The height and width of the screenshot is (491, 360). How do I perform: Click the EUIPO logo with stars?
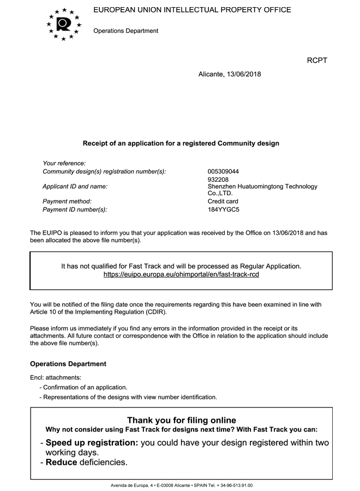tap(64, 24)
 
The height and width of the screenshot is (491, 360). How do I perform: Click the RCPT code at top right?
tap(317, 60)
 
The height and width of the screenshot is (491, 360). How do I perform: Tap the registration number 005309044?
tap(224, 171)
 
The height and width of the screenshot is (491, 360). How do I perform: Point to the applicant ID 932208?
tap(218, 179)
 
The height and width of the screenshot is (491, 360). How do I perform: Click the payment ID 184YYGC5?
tap(224, 209)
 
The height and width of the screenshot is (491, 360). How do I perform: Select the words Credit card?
tap(223, 201)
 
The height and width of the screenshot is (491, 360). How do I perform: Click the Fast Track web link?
tap(181, 274)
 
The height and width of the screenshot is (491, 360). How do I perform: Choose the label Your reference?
tap(64, 163)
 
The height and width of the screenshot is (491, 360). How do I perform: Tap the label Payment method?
tap(67, 201)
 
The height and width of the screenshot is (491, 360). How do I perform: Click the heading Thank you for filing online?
tap(181, 420)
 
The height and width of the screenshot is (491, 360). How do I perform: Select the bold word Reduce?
tap(62, 463)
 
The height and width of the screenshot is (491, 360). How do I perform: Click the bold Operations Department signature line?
tap(68, 364)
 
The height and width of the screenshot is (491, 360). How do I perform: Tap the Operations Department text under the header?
tap(126, 31)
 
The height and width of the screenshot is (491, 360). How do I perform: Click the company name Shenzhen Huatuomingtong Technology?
tap(262, 187)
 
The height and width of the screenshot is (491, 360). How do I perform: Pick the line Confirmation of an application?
tap(85, 387)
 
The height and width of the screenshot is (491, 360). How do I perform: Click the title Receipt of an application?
tap(181, 143)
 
